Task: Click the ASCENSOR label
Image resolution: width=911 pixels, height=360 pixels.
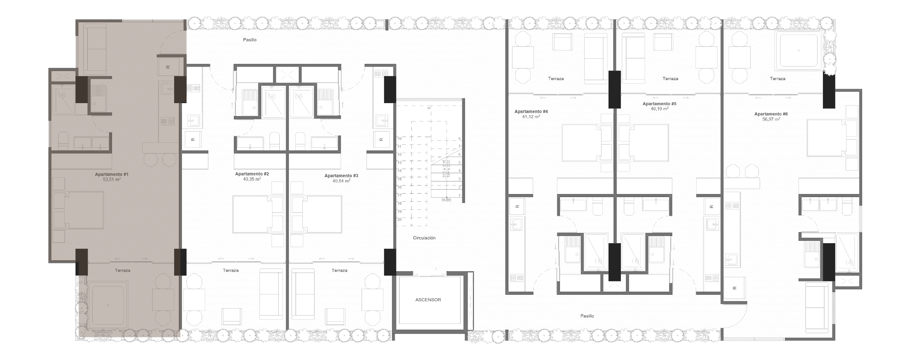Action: [428, 300]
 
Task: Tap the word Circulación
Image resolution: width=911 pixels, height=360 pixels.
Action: [424, 238]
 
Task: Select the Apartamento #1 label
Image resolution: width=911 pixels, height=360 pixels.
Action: [111, 174]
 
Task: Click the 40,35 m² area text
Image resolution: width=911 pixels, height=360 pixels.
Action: [252, 179]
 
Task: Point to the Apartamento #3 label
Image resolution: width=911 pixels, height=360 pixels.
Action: [341, 176]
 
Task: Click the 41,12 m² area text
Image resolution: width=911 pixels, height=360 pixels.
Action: [531, 117]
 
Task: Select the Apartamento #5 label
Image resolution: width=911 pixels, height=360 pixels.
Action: [659, 104]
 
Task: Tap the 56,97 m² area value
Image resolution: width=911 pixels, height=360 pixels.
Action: [771, 120]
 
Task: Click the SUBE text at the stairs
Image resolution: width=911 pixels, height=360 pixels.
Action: [446, 200]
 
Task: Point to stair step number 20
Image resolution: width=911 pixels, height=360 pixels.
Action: [399, 220]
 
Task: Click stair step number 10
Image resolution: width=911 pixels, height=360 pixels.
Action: [399, 139]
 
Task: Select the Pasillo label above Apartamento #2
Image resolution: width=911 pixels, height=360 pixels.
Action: [250, 40]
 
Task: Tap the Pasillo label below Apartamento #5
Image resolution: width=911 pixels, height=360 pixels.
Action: [587, 316]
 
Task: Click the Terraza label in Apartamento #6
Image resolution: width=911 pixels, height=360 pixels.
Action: [777, 79]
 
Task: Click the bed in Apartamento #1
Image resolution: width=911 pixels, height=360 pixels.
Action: [79, 210]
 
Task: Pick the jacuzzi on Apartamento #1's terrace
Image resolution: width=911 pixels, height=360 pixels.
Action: [108, 305]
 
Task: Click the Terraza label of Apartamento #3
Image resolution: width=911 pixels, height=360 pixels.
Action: [339, 271]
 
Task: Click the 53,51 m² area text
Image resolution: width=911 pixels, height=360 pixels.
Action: [111, 180]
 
